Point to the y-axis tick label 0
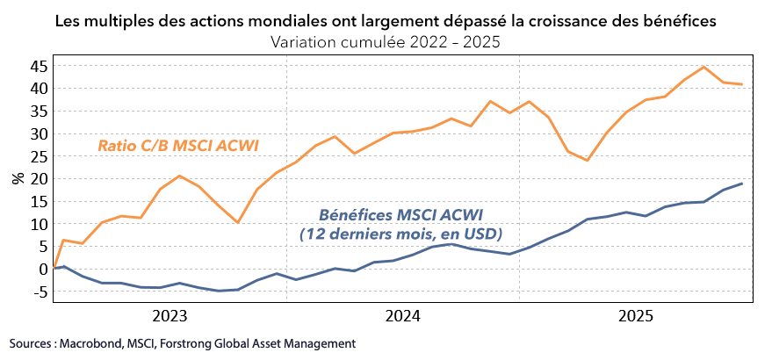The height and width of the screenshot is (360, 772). pyautogui.click(x=40, y=269)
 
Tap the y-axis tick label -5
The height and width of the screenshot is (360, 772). pyautogui.click(x=38, y=292)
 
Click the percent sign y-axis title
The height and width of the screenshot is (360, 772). pyautogui.click(x=18, y=178)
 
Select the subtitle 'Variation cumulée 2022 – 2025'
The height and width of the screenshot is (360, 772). pyautogui.click(x=386, y=42)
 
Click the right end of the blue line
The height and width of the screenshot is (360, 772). pyautogui.click(x=742, y=184)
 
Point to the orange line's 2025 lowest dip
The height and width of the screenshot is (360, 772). pyautogui.click(x=587, y=160)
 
